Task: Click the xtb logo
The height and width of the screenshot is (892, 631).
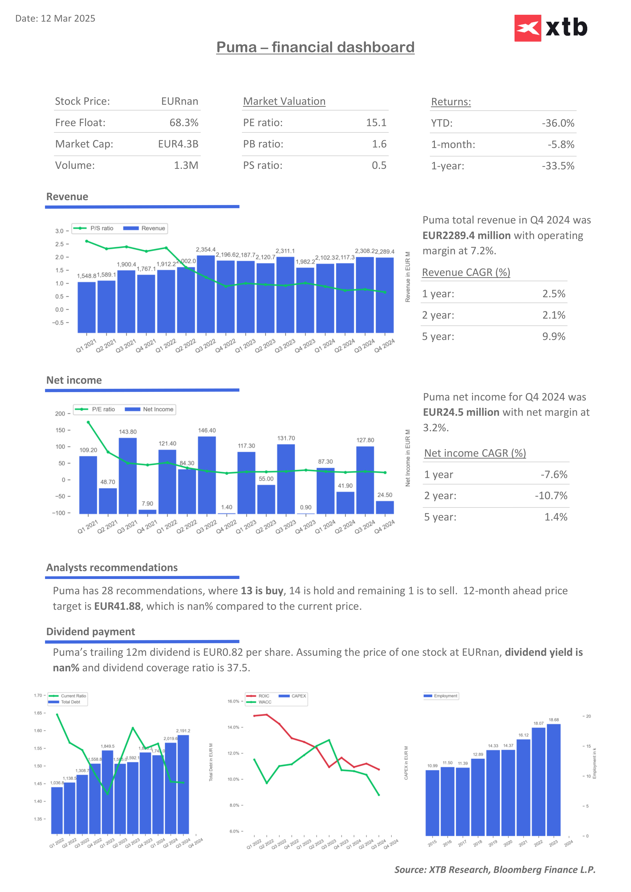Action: tap(551, 28)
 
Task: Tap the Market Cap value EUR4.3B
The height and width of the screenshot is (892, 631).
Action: tap(178, 144)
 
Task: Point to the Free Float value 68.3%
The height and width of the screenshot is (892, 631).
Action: tap(184, 123)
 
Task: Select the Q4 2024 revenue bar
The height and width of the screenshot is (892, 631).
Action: tap(385, 295)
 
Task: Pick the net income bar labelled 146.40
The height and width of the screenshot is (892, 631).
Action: tap(207, 475)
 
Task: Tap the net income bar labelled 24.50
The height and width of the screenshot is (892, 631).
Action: tap(385, 507)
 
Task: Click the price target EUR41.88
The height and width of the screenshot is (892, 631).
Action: tap(117, 606)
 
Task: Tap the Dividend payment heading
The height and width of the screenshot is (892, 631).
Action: tap(91, 632)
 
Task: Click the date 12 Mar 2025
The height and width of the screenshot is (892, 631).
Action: tap(68, 19)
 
